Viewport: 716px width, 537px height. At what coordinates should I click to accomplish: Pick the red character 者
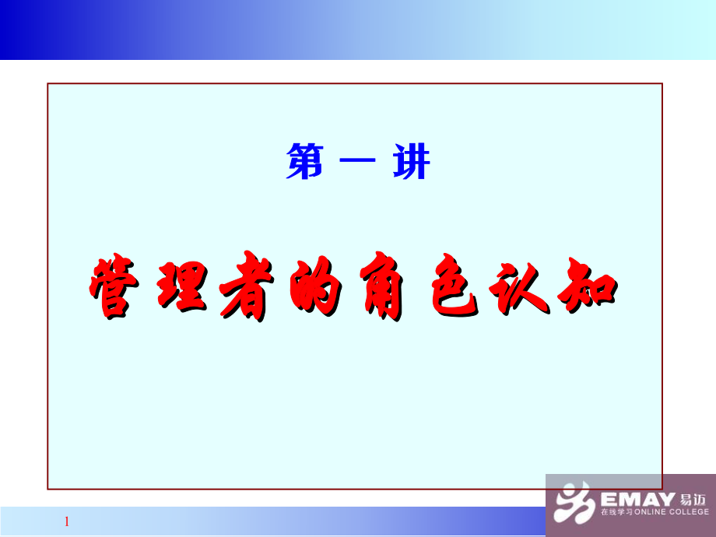pos(247,289)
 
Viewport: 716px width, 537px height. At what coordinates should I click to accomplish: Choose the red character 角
pos(379,289)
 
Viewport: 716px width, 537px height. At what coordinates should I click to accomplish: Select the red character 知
pos(588,289)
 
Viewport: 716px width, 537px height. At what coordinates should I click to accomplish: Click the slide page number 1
pos(67,521)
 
